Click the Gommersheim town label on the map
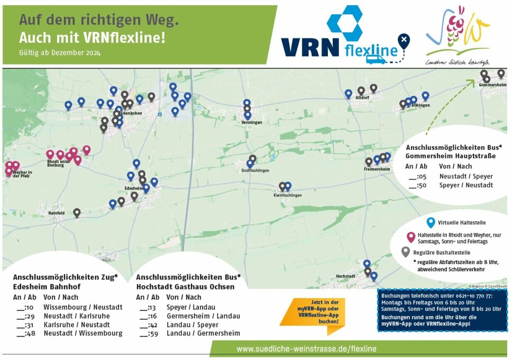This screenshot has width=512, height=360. tap(492, 85)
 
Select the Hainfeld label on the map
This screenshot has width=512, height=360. tap(56, 213)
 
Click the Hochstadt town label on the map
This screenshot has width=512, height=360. tap(345, 276)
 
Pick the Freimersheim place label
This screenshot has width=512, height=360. tap(377, 169)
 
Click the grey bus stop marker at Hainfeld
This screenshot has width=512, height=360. tap(77, 213)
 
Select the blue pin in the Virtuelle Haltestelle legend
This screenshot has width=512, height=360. tap(431, 222)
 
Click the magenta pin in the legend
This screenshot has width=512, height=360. tap(410, 237)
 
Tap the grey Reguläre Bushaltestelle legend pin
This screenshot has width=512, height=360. tap(406, 252)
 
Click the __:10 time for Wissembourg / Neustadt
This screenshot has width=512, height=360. tap(25, 307)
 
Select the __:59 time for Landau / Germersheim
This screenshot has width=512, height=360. tap(148, 333)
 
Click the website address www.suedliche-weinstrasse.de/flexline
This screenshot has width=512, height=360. tap(306, 349)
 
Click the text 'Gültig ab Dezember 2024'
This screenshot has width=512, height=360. tap(59, 53)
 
